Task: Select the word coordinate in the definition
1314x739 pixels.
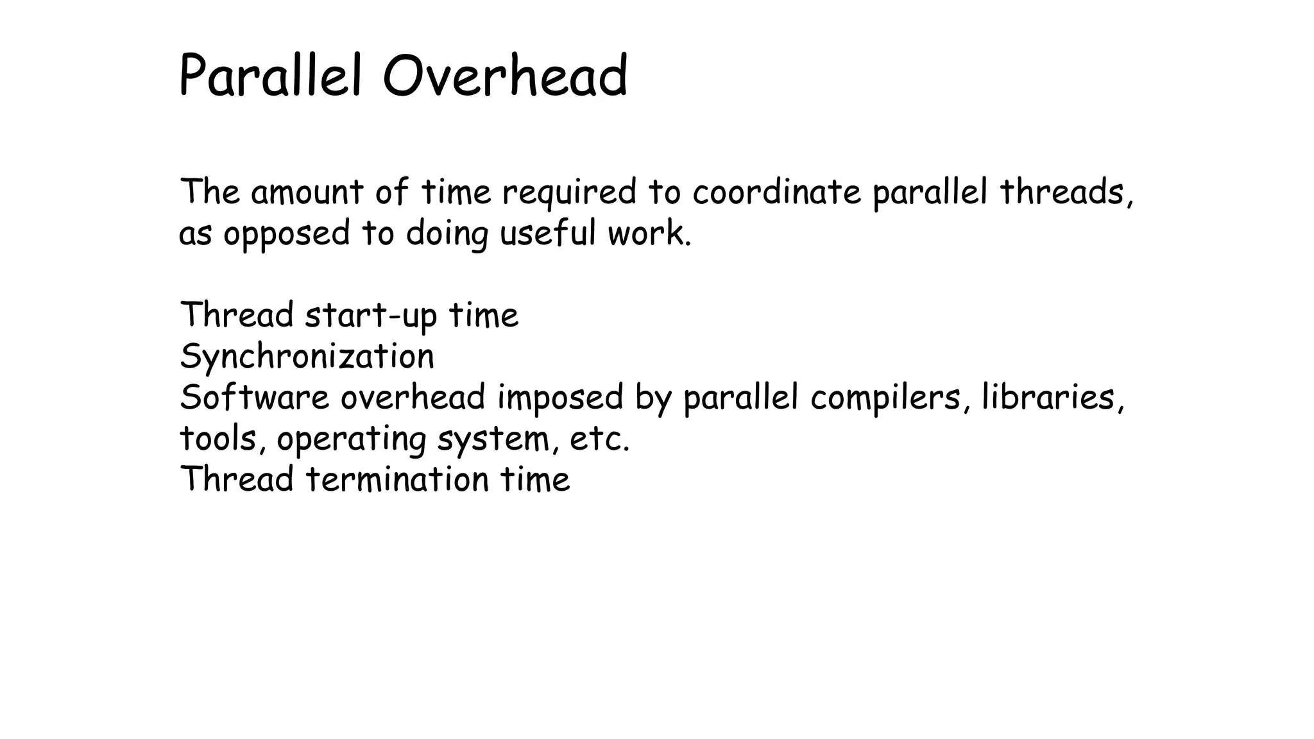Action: pyautogui.click(x=776, y=192)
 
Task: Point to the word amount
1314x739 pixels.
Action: pyautogui.click(x=307, y=192)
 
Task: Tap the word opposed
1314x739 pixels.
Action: pyautogui.click(x=286, y=234)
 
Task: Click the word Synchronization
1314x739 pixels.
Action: pyautogui.click(x=307, y=357)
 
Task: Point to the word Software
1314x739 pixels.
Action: pyautogui.click(x=254, y=397)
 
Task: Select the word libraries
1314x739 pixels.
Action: pyautogui.click(x=1049, y=397)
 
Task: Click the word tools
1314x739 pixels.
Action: pyautogui.click(x=218, y=439)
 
